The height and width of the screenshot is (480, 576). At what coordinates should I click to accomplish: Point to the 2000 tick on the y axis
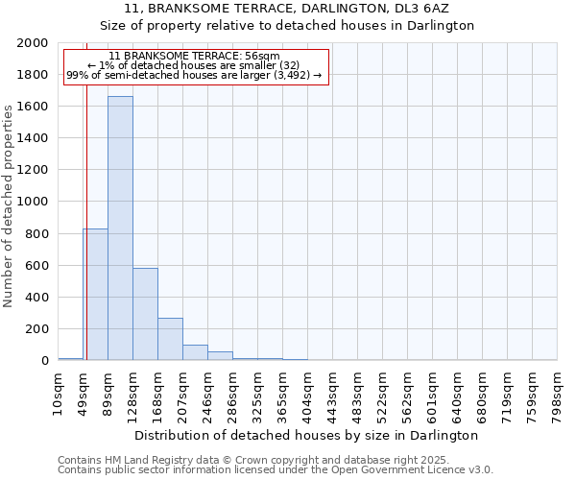pyautogui.click(x=35, y=43)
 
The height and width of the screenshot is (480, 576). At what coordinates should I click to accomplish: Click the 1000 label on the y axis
pyautogui.click(x=35, y=202)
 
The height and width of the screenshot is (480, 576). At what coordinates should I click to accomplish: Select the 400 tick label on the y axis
pyautogui.click(x=38, y=297)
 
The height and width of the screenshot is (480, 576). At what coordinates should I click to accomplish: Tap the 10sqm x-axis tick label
pyautogui.click(x=58, y=391)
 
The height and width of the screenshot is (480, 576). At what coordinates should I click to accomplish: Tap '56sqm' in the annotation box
pyautogui.click(x=261, y=57)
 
